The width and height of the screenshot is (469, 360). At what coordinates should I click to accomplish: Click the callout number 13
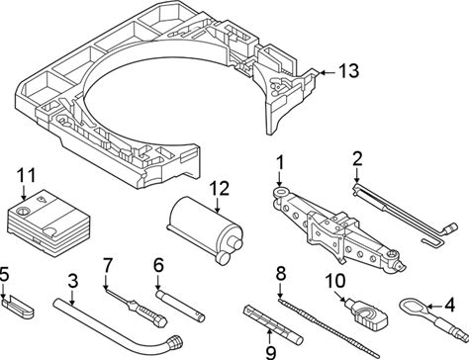(348, 71)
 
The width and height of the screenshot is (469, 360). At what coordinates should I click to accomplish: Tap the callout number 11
(26, 176)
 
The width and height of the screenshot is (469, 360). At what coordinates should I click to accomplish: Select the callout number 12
(219, 189)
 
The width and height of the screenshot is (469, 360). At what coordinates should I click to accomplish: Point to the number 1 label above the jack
(280, 163)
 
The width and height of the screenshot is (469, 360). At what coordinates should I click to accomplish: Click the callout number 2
(357, 159)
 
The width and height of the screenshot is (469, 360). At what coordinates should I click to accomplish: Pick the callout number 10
(335, 281)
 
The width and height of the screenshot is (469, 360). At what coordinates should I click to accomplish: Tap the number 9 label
(270, 353)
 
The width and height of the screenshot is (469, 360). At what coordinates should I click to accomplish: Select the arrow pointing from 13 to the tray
(328, 72)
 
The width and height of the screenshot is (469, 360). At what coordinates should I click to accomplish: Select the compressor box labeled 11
(48, 222)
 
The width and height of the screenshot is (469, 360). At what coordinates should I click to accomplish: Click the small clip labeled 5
(18, 308)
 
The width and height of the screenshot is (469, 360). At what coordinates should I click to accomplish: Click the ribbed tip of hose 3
(175, 342)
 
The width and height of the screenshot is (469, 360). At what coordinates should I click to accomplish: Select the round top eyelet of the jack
(281, 191)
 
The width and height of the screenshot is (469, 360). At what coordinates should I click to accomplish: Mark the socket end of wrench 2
(451, 228)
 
